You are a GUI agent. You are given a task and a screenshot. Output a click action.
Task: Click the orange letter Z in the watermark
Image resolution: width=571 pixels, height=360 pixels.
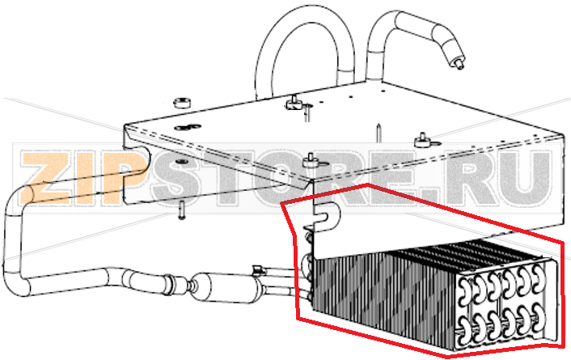[44, 178]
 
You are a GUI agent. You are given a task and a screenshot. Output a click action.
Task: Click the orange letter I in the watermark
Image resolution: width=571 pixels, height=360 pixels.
[81, 178]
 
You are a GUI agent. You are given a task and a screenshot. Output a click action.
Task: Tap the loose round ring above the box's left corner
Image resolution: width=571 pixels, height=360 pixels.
[182, 103]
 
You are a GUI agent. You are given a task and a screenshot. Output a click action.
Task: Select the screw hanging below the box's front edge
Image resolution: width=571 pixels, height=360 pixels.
[182, 210]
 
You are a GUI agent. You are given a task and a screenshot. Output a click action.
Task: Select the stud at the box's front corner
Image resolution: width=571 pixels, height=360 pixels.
[309, 160]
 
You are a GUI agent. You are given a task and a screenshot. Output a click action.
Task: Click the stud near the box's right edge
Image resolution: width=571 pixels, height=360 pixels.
[424, 140]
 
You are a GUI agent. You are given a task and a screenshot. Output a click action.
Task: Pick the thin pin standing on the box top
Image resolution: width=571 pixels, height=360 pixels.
[379, 133]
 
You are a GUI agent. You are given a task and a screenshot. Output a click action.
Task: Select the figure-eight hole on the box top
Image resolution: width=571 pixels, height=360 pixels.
[188, 127]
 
